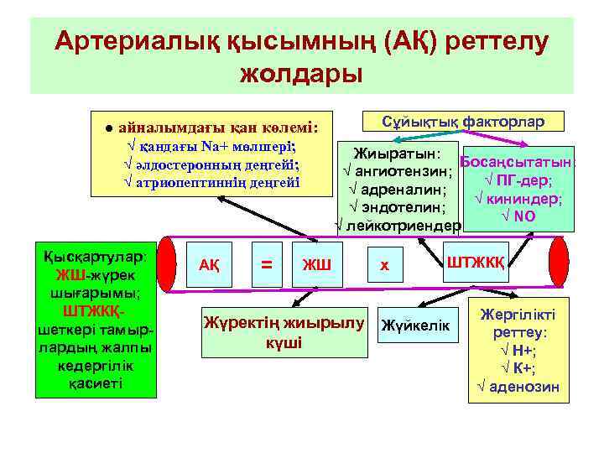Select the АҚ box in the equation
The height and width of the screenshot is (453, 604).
tap(209, 264)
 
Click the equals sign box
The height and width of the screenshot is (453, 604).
tap(267, 264)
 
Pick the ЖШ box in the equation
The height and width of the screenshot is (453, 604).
tap(316, 265)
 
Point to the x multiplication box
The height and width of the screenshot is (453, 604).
tap(383, 265)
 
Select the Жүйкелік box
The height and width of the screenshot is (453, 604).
tap(415, 325)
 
